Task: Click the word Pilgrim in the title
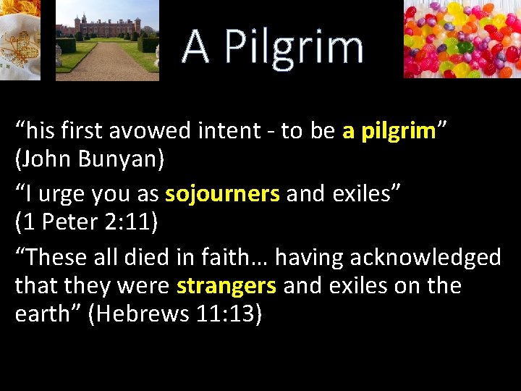[294, 48]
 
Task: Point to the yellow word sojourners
[222, 194]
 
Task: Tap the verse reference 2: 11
[126, 222]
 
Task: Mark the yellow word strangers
[226, 285]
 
